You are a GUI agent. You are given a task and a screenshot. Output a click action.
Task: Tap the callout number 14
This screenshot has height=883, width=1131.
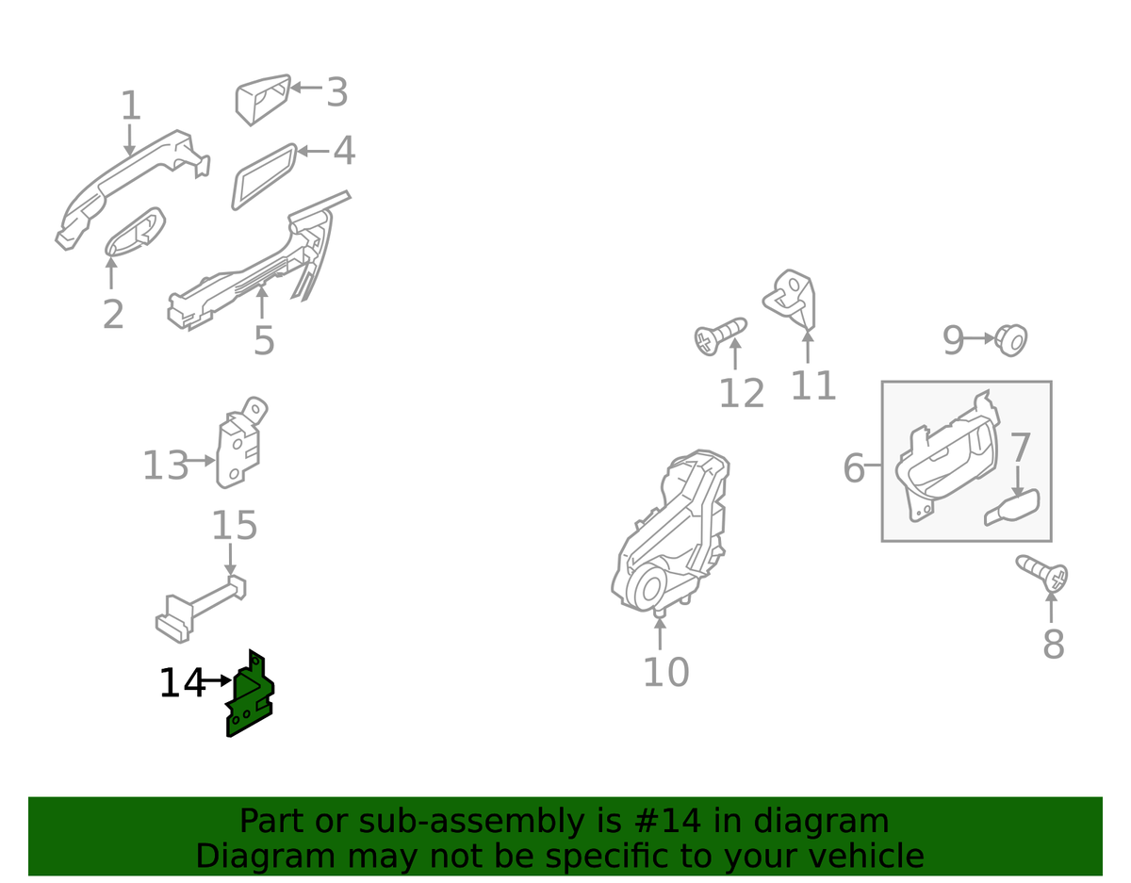pyautogui.click(x=182, y=683)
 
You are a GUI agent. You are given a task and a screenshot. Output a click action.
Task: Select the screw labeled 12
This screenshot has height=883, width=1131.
pyautogui.click(x=720, y=336)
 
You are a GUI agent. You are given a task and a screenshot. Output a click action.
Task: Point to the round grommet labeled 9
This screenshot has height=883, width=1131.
pyautogui.click(x=1010, y=341)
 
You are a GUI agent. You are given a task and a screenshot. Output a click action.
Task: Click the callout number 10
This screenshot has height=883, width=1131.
pyautogui.click(x=666, y=672)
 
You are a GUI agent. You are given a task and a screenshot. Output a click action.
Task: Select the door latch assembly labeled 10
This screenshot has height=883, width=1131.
pyautogui.click(x=671, y=532)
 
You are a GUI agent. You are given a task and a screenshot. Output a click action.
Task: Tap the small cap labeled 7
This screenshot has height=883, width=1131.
pyautogui.click(x=1012, y=507)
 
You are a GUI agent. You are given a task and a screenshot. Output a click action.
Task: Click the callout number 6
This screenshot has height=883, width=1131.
pyautogui.click(x=854, y=467)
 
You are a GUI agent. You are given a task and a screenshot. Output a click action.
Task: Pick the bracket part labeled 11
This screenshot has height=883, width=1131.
pyautogui.click(x=791, y=299)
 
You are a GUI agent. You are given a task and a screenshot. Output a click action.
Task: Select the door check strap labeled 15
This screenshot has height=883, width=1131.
pyautogui.click(x=202, y=609)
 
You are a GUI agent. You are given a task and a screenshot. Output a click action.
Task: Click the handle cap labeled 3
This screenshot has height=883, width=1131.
pyautogui.click(x=262, y=99)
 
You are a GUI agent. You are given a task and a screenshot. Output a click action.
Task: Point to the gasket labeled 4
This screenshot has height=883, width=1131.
pyautogui.click(x=265, y=177)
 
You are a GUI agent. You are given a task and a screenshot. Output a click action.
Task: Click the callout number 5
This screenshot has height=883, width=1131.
pyautogui.click(x=264, y=341)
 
